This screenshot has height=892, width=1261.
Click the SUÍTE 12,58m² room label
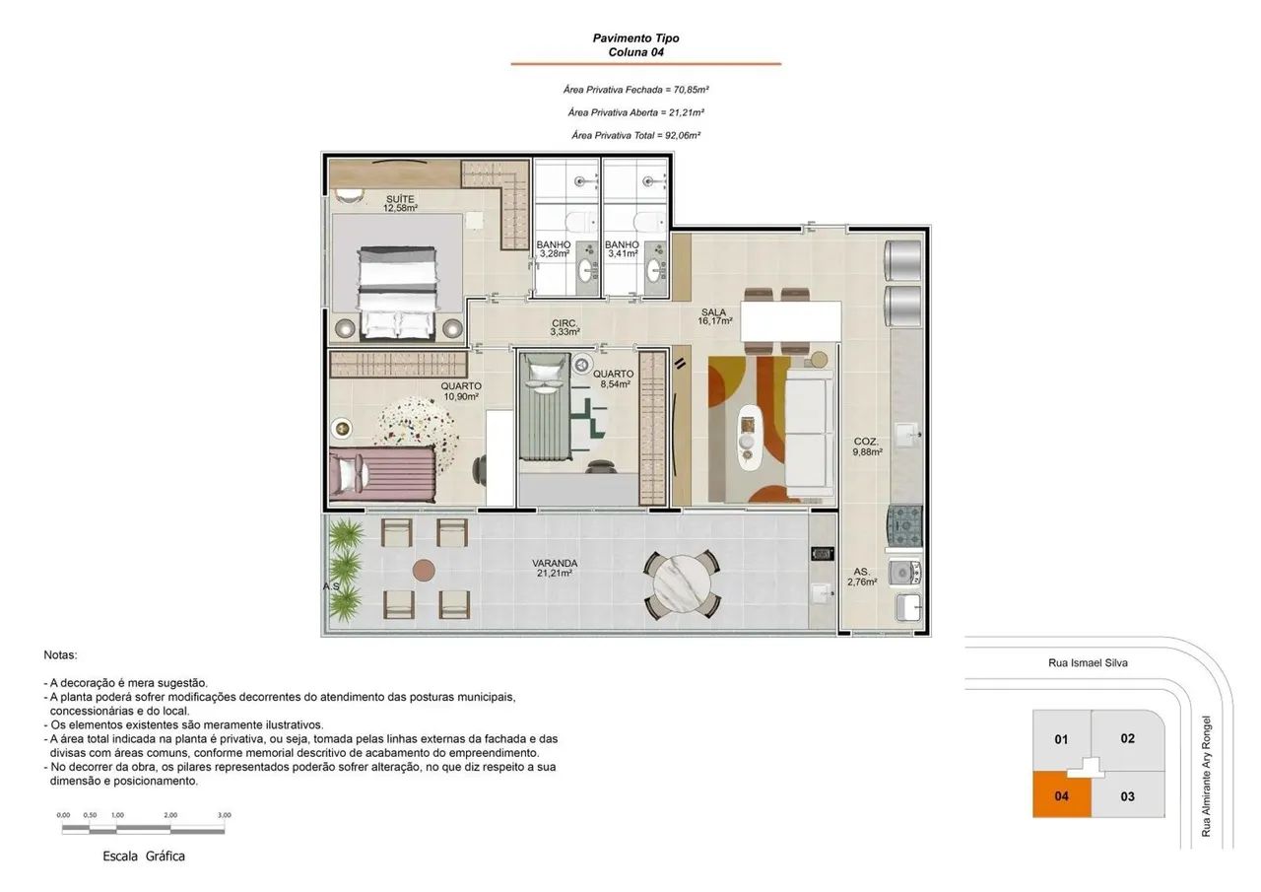point(400,203)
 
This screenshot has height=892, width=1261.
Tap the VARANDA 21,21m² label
point(555,568)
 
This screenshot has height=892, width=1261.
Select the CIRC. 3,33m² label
point(564,328)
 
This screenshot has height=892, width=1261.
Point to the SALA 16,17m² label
point(714,316)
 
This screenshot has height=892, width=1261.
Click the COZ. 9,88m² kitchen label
point(867,446)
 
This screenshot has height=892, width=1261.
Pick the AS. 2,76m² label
point(862,577)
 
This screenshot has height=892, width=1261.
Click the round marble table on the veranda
point(682,584)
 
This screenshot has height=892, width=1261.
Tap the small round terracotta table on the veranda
point(424,571)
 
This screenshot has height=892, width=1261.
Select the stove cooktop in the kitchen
point(904,526)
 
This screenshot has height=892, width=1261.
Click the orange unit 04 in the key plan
point(1061,794)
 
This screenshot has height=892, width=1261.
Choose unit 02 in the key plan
point(1128,739)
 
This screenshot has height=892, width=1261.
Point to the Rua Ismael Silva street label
point(1088,662)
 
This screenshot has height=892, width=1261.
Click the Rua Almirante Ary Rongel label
point(1205,777)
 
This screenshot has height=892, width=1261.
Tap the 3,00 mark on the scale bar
point(224,815)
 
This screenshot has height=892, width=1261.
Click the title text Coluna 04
point(636,52)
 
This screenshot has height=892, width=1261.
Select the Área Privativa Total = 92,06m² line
point(636,135)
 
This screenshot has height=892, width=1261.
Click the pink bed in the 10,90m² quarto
point(382,474)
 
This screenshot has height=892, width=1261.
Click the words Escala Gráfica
point(144,856)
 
